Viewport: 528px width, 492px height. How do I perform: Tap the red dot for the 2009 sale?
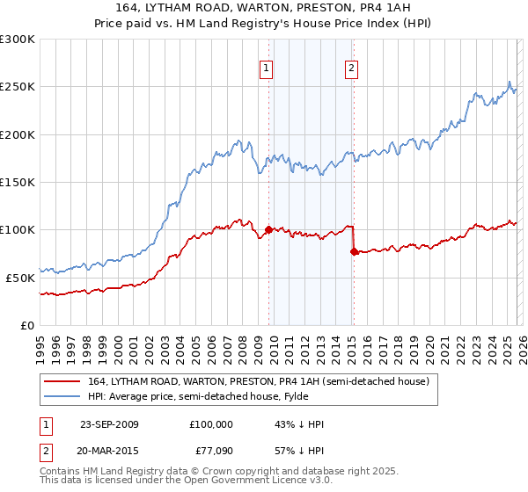point(268,230)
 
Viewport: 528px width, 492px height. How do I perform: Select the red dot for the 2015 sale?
point(354,251)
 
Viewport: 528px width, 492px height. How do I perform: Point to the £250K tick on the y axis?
point(18,87)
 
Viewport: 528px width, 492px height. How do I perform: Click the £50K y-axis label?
point(20,278)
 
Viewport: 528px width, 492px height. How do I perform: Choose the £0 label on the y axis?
point(26,325)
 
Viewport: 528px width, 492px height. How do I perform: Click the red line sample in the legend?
point(62,381)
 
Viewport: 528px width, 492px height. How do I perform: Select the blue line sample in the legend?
point(62,396)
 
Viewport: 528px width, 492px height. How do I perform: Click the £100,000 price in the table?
point(211,424)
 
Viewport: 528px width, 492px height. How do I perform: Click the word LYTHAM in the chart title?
point(180,10)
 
